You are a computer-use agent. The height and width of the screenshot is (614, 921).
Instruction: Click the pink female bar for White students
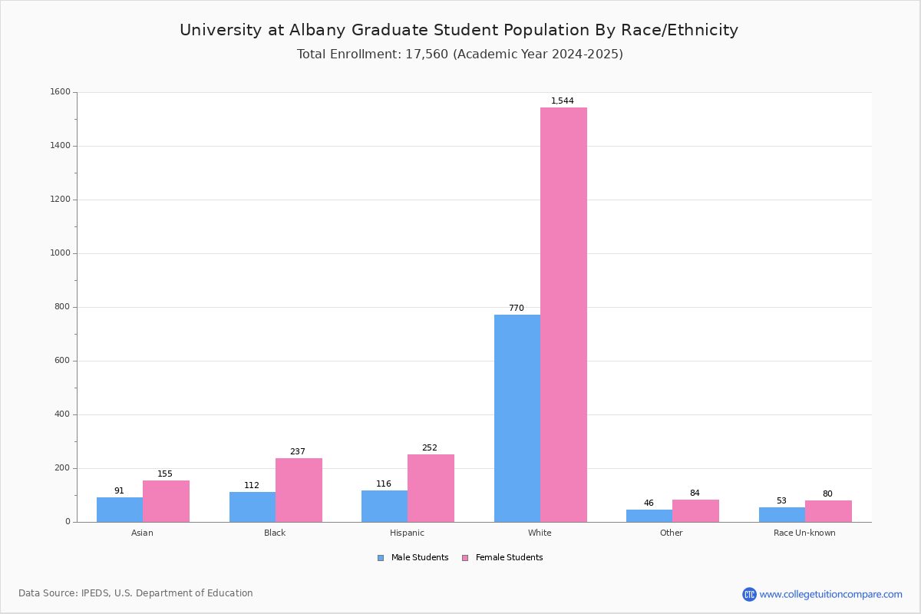563,315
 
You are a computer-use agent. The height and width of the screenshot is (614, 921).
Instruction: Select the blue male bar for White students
517,418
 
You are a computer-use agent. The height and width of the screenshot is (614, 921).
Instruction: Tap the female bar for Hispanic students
431,488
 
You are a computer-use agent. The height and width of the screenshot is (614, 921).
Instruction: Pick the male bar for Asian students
120,510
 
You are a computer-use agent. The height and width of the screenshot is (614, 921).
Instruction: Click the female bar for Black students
299,490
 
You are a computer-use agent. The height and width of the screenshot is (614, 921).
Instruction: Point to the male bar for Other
649,516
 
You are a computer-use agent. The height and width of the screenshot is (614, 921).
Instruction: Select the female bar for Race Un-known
828,511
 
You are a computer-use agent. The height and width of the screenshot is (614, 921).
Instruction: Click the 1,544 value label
562,101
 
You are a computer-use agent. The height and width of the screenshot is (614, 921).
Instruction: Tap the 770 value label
517,308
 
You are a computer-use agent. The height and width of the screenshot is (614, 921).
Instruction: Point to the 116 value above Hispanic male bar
384,484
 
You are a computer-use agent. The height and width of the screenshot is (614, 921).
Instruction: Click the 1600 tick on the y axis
61,91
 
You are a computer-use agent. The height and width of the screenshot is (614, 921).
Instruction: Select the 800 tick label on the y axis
61,307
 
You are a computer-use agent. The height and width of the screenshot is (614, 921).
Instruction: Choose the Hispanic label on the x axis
407,533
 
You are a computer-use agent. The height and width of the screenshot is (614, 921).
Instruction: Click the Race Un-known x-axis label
804,533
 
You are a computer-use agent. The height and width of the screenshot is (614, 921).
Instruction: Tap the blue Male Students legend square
381,558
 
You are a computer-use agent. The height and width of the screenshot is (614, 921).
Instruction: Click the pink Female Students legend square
465,558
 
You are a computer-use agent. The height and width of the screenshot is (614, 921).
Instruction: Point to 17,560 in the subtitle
427,54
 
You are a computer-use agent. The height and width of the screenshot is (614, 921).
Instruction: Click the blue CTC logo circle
749,594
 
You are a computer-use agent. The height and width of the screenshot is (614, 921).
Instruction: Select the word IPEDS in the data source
95,593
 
